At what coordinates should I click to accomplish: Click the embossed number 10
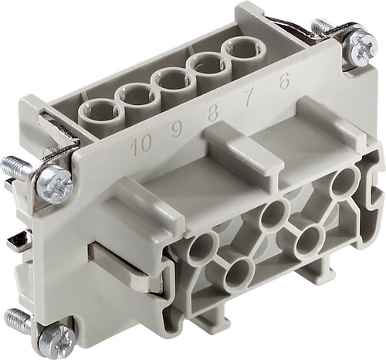(x=139, y=144)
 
